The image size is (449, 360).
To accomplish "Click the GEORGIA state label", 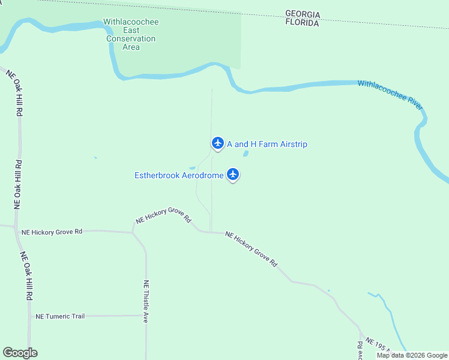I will (x=303, y=14).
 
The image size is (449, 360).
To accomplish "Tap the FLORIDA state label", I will (x=302, y=23).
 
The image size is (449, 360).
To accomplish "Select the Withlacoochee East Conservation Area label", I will (x=131, y=34).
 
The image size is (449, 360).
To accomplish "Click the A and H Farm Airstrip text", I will (x=267, y=144).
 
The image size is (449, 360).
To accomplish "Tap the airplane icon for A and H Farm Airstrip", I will (x=217, y=143).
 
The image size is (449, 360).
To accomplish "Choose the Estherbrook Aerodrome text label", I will (x=179, y=175).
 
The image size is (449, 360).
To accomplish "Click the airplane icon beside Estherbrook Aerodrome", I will (x=233, y=175).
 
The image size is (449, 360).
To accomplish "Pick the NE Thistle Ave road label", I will (x=146, y=302).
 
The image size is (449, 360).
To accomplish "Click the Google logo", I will (x=20, y=353).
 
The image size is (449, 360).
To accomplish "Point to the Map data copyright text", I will (x=412, y=355).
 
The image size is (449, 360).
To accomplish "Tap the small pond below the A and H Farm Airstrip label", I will (x=246, y=154).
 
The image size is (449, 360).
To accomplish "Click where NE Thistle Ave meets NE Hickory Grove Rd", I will (x=133, y=232).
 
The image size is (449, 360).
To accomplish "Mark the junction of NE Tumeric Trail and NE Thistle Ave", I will (x=146, y=315).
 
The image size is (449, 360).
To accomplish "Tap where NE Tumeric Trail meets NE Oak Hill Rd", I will (x=29, y=316).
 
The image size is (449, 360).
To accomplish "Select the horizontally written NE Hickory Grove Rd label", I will (x=52, y=232).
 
